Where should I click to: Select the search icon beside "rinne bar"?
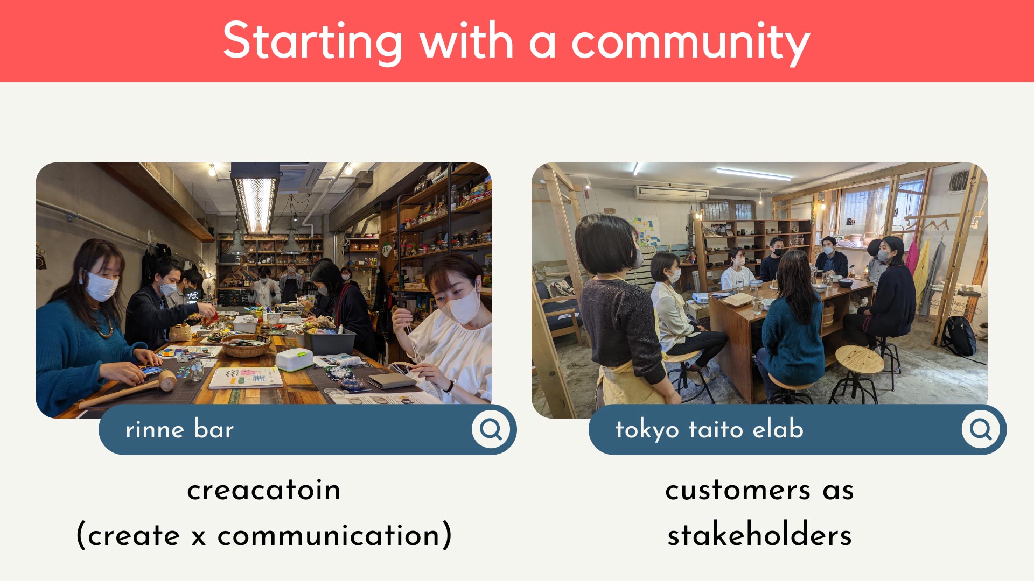(491, 429)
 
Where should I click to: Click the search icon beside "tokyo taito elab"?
(981, 429)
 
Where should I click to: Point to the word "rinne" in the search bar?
(155, 430)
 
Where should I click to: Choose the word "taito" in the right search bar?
(716, 430)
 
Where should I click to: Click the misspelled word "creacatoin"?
(263, 490)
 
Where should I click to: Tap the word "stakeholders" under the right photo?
(759, 535)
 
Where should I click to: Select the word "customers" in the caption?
(738, 490)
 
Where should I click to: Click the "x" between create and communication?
(199, 537)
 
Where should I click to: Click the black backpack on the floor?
(960, 336)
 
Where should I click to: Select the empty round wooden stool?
(858, 371)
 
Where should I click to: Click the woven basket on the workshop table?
(245, 345)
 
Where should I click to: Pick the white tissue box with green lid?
(294, 359)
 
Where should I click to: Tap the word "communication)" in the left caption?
(334, 536)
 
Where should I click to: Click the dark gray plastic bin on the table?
(329, 340)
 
